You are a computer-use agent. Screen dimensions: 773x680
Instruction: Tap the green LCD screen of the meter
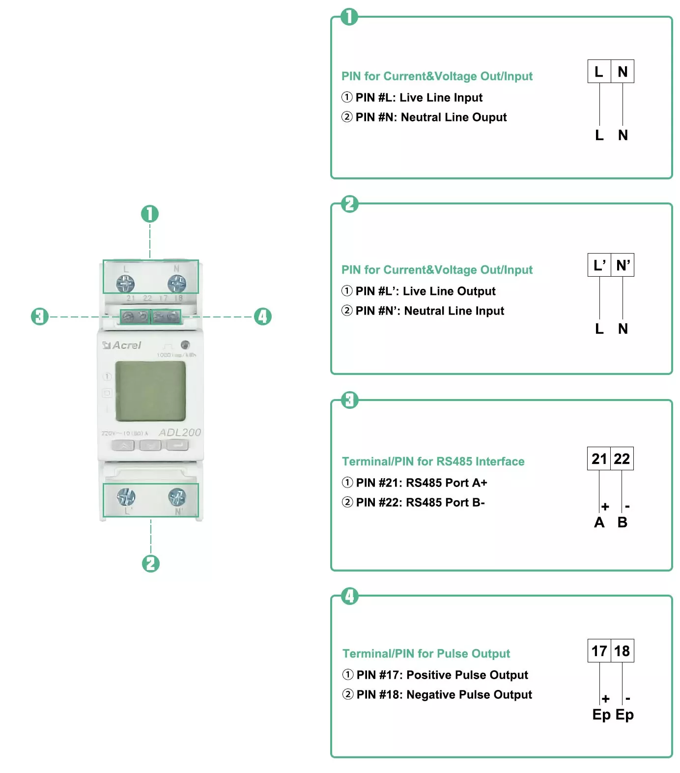150,391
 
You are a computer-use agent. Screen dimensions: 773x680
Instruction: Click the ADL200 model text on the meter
179,432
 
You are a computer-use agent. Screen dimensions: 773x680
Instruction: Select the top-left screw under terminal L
125,284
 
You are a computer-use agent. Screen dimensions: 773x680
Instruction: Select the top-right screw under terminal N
176,284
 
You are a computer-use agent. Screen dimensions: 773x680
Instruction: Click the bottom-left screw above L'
126,497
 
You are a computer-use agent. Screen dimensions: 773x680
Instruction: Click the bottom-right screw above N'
177,497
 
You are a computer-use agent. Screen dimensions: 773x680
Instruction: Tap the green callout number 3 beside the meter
40,316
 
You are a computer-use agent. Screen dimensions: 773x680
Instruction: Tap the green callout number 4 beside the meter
263,316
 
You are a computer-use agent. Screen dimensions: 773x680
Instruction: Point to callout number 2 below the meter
151,563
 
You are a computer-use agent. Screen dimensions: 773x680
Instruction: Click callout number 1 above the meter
150,214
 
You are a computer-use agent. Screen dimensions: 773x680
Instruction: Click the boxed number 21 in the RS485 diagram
599,458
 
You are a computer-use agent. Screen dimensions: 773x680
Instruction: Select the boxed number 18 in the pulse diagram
622,651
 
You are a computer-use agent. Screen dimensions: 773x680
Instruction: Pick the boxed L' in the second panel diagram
599,265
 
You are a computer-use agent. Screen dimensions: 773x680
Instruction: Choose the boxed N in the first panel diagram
623,72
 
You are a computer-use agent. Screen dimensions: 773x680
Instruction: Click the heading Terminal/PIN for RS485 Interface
433,461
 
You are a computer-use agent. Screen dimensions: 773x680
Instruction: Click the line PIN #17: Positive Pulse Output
442,675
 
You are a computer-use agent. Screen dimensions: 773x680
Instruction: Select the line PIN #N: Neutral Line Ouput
431,117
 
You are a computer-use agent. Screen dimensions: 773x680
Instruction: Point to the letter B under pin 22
623,522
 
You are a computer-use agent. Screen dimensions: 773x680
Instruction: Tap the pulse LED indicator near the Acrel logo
185,344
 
